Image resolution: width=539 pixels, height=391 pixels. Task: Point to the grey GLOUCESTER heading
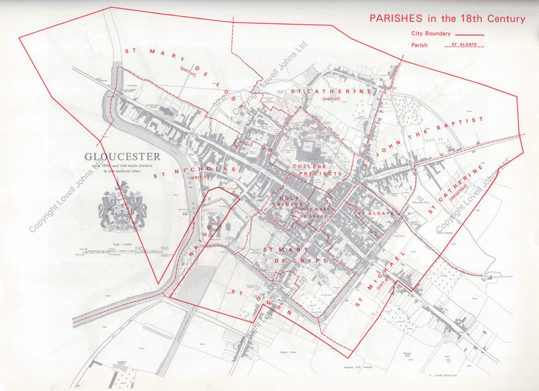[x=122, y=157]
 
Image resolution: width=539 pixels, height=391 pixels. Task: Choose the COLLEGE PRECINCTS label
[x=317, y=170]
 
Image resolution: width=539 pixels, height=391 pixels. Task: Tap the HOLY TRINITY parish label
[x=290, y=201]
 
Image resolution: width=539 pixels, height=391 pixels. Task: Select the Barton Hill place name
[x=408, y=355]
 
